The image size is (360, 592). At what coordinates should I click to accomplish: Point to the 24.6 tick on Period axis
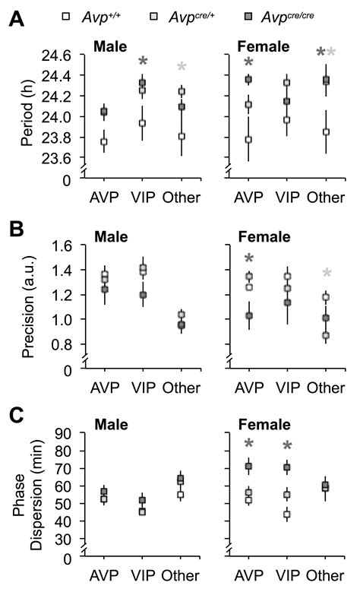(x=66, y=56)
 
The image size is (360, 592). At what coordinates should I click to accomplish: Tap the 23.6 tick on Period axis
(x=66, y=158)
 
